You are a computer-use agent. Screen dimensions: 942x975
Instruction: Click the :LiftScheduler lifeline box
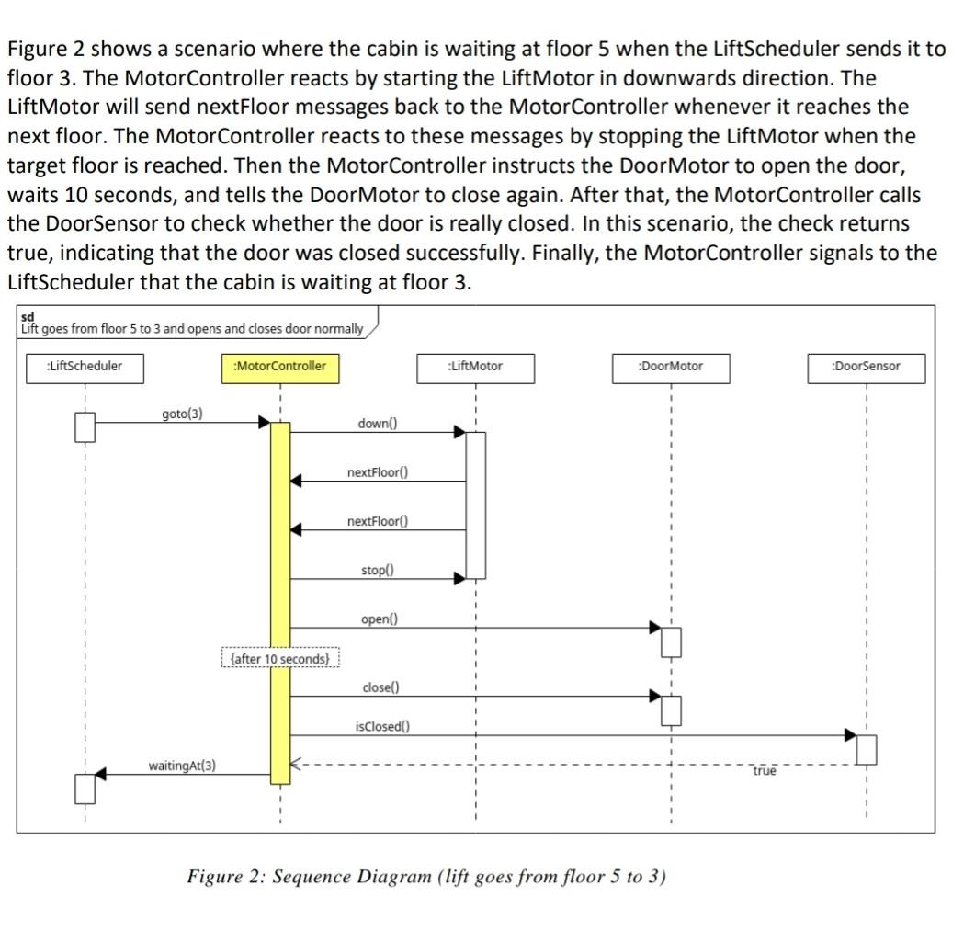84,367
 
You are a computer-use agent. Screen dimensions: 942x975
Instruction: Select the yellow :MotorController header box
279,367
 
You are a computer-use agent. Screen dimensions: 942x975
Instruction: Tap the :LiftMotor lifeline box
474,367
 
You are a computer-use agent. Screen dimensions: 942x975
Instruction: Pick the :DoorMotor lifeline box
670,367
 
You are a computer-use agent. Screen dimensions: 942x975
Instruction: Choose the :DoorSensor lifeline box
866,367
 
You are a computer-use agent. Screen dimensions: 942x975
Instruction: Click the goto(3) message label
182,414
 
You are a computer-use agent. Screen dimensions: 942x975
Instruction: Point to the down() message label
378,424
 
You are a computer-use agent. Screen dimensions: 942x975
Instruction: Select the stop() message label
377,571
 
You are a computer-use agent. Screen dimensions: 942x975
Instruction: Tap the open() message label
377,619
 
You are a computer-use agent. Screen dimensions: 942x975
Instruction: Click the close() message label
380,687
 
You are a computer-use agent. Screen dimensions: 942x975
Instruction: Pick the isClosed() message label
381,726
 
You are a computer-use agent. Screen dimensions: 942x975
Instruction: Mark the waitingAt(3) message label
182,766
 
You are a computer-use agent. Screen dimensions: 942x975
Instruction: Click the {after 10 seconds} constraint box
280,659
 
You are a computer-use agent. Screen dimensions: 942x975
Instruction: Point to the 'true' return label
765,772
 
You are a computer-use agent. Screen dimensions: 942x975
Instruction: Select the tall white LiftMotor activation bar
475,504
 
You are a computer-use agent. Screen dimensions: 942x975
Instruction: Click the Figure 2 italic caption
426,876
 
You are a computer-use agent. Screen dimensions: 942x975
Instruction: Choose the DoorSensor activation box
866,749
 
